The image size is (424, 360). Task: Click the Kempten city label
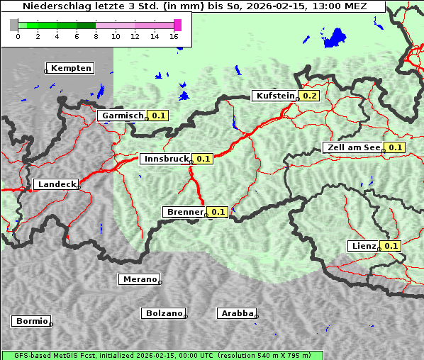(x=71, y=68)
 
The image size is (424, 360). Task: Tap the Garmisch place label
(x=123, y=116)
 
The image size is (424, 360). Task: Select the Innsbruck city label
(x=165, y=159)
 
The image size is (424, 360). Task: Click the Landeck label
(x=56, y=184)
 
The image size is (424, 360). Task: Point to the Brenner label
(x=184, y=212)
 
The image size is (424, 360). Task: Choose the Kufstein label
(x=274, y=96)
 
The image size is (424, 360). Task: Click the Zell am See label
(x=352, y=147)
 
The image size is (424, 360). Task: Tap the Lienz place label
(x=364, y=246)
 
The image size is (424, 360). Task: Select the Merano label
(x=139, y=279)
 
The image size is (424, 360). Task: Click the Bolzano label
(x=164, y=313)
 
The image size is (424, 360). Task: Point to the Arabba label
(x=237, y=313)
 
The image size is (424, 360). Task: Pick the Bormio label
(x=31, y=321)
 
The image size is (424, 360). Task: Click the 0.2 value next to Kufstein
(x=309, y=96)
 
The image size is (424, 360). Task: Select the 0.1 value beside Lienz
(x=391, y=246)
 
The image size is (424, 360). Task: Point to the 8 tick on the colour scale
(x=96, y=35)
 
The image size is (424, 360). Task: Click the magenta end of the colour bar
(x=177, y=25)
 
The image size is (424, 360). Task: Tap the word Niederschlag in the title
(x=54, y=6)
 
